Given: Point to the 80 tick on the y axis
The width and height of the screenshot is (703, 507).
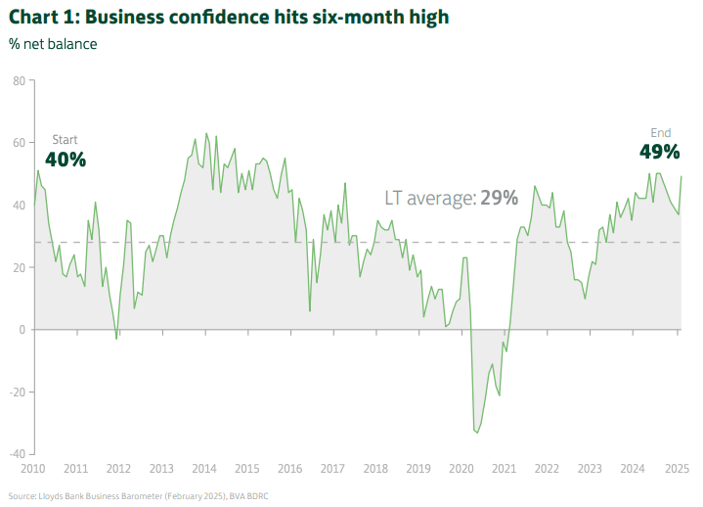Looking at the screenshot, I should coord(19,80).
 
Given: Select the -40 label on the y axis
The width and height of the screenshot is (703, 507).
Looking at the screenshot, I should coord(17,454).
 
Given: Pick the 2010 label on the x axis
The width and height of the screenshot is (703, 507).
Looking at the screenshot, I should coord(34,469).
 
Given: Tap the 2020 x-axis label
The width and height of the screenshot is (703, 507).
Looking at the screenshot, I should coord(461,469).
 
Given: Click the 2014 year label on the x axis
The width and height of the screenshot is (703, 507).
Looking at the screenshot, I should coord(204,469).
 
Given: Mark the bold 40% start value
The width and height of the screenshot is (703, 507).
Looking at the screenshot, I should coord(66,159).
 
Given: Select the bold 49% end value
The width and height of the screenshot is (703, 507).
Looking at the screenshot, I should coord(659,152).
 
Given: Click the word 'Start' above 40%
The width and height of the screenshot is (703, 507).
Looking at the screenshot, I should coord(65,140).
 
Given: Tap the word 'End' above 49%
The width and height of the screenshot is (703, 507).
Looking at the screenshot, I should coord(661,133).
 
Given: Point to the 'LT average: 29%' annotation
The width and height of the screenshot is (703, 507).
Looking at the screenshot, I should coord(451,198).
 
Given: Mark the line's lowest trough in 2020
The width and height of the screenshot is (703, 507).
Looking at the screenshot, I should coord(476,432).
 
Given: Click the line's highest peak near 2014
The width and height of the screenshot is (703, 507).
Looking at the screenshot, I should coord(205,133).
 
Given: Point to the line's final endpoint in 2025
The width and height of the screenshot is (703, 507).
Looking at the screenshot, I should coord(681,176).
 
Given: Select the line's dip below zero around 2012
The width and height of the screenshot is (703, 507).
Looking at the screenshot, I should coord(116,339).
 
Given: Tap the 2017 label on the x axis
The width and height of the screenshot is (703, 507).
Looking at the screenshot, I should coord(332,469).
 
